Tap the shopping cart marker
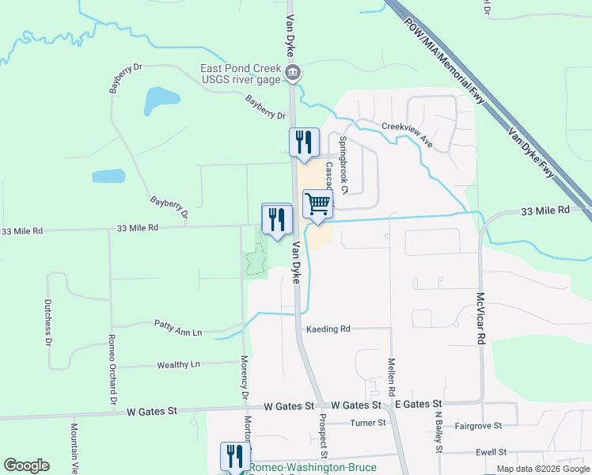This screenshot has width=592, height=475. tap(317, 204)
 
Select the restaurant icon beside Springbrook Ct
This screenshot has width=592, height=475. tap(304, 143)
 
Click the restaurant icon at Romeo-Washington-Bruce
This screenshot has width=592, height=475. tap(235, 457)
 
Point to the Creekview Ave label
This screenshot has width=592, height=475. tap(407, 135)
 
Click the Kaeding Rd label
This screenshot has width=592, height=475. tap(328, 329)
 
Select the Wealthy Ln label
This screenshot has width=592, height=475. tap(178, 365)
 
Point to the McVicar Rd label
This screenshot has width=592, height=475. tap(480, 317)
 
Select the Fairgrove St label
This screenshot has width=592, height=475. tap(478, 426)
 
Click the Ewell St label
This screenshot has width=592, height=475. tap(491, 452)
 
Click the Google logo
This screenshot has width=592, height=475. tap(26, 465)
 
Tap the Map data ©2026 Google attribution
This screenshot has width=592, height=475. tap(542, 469)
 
